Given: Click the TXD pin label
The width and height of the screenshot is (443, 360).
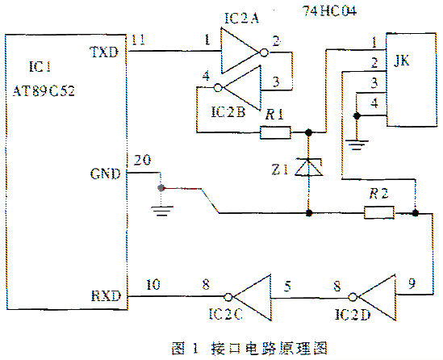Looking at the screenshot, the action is (104, 52).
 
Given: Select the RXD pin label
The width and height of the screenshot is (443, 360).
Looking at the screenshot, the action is (106, 296).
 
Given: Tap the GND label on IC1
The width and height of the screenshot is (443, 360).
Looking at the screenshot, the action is (105, 174).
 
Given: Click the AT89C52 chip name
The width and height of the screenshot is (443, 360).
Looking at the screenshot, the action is (44, 91).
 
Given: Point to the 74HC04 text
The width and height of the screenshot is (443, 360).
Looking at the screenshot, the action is (330, 11).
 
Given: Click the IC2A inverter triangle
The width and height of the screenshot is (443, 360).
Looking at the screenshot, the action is (240, 51).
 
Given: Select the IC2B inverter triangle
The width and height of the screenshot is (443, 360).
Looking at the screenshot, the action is (242, 88).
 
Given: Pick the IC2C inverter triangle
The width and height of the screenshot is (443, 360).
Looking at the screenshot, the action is (253, 297).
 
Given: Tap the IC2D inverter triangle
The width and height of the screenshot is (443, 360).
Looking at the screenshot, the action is (377, 297).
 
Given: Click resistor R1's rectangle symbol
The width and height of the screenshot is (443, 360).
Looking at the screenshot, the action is (275, 132).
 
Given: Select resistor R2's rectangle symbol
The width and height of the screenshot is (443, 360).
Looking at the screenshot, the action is (379, 212).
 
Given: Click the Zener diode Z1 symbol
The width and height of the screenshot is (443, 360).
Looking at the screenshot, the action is (309, 167).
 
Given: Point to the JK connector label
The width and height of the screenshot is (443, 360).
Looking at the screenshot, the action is (401, 61).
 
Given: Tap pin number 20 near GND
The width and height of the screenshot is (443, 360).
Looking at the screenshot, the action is (142, 160).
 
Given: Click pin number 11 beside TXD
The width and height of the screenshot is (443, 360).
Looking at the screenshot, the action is (139, 40).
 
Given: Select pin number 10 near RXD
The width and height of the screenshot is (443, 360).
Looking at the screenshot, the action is (153, 284).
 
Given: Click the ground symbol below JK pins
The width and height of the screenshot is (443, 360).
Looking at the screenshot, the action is (357, 144).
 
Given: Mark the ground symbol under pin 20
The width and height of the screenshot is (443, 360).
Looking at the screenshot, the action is (162, 211).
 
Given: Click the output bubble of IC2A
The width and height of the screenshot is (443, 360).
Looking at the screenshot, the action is (264, 52).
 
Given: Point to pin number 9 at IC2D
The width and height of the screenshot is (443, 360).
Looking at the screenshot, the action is (412, 283).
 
